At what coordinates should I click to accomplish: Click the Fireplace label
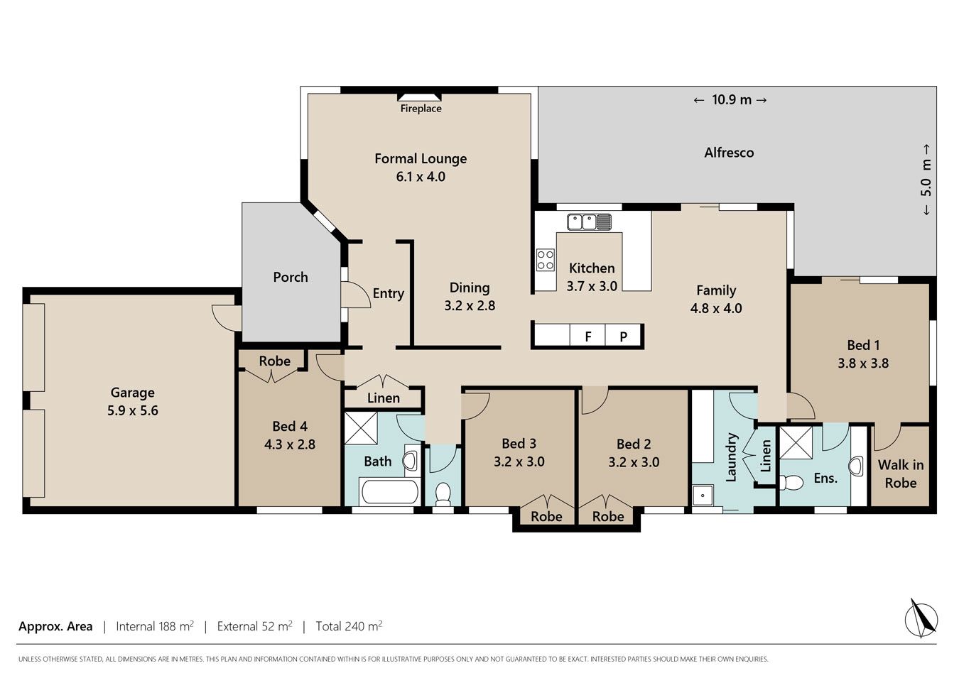(x=421, y=109)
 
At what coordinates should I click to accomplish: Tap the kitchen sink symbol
(x=589, y=222)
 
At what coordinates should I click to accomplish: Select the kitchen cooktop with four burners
(x=546, y=260)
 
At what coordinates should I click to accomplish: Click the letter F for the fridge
(x=588, y=337)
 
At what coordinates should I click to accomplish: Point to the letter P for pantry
(x=624, y=337)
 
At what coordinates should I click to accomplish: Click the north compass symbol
(x=921, y=619)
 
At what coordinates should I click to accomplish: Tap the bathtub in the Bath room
(x=389, y=491)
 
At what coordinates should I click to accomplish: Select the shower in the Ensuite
(x=796, y=442)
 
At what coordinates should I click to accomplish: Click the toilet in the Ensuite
(x=791, y=483)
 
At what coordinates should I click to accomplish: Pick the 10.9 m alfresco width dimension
(x=730, y=99)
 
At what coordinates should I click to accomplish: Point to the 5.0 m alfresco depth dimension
(x=926, y=179)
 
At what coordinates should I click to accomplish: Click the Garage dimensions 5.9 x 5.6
(x=133, y=410)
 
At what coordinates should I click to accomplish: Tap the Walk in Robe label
(x=901, y=474)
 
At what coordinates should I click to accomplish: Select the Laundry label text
(x=731, y=457)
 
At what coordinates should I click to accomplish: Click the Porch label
(x=291, y=277)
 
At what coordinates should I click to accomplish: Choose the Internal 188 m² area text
(x=155, y=626)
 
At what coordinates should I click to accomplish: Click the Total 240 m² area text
(x=349, y=626)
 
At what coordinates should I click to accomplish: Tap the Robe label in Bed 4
(x=274, y=361)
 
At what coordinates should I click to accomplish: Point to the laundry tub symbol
(x=703, y=496)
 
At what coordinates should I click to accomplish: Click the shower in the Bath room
(x=361, y=428)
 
